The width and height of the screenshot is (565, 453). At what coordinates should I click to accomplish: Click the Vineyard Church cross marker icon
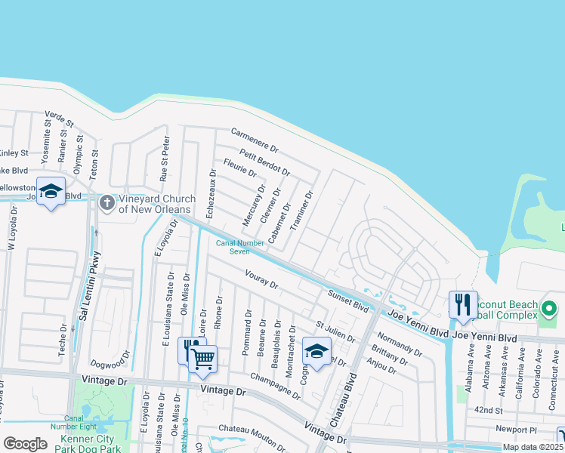(x=107, y=202)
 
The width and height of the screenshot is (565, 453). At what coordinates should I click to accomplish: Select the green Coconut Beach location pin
(x=549, y=310)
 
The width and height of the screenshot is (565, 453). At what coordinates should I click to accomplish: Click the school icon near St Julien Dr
(x=316, y=351)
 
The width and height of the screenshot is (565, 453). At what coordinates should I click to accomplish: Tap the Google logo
(x=25, y=443)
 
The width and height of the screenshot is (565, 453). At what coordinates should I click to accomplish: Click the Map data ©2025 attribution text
(x=532, y=447)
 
